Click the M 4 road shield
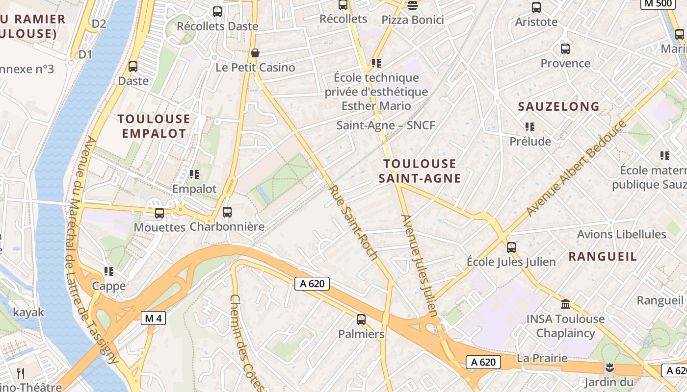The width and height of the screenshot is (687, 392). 154,318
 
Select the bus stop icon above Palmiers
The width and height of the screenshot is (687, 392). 361,319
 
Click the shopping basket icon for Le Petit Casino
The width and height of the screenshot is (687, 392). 255,52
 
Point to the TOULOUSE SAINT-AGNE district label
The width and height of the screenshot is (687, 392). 420,171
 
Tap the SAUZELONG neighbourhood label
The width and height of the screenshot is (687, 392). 558,106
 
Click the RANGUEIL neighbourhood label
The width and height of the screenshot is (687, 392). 603,256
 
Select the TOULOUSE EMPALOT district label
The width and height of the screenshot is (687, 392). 154,126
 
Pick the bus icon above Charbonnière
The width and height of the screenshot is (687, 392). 227,212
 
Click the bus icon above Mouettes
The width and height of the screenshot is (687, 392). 159,213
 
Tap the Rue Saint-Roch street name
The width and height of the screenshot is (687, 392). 352,222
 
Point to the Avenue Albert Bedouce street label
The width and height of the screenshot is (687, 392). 576,167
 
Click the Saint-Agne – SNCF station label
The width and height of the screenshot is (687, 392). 386,125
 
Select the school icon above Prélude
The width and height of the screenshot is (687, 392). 529,127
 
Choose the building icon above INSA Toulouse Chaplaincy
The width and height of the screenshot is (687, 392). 565,304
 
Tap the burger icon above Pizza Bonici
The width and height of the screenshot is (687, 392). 413,5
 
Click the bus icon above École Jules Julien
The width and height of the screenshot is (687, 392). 511,247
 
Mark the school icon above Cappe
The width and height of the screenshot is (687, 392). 109,271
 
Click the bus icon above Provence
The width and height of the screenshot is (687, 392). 565,49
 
